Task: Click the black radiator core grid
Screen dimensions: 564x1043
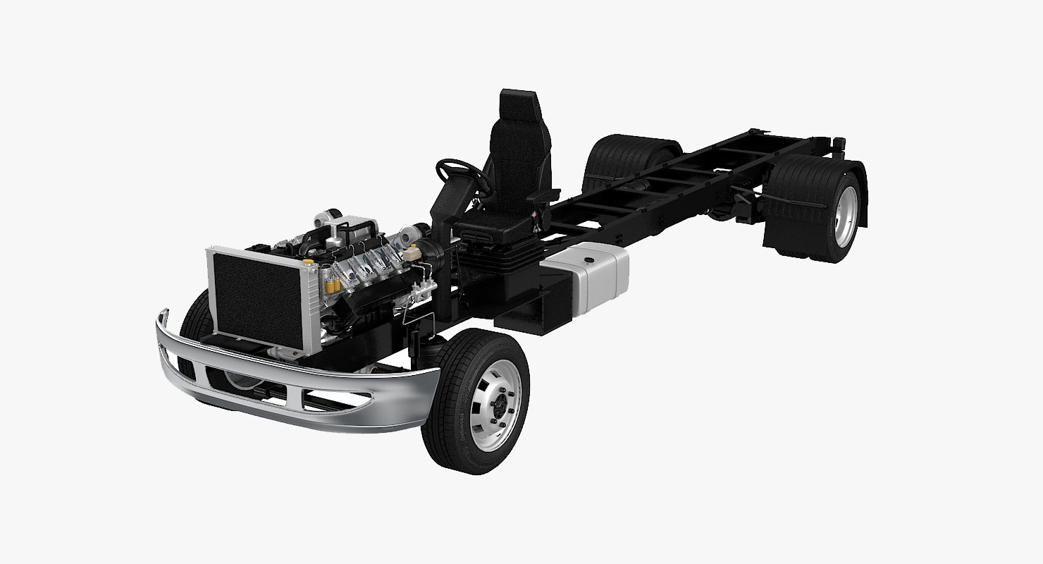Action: pos(257,296)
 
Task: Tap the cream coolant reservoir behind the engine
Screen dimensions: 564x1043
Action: pos(426,249)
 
